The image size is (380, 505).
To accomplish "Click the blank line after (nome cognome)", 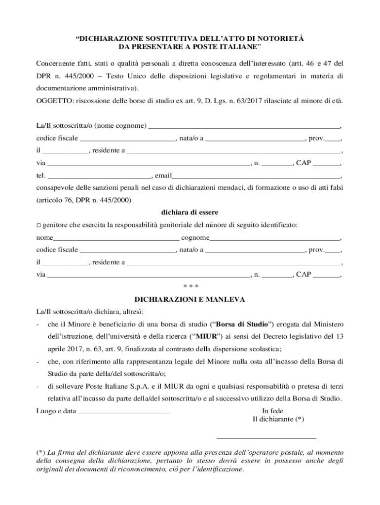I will click(x=244, y=126).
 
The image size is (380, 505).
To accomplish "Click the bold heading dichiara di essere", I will click(x=190, y=213).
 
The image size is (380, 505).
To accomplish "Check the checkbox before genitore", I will click(x=39, y=225).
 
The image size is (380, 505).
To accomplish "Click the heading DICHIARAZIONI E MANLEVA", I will click(x=190, y=299).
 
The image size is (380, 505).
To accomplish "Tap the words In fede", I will click(x=272, y=411).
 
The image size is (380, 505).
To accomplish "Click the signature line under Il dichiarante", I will click(x=266, y=437).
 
